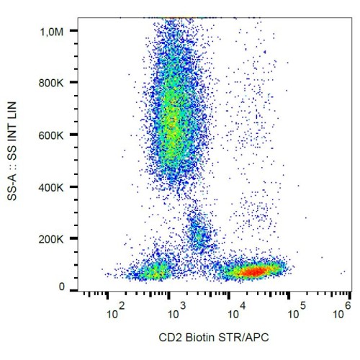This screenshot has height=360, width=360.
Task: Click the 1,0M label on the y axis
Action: click(x=52, y=32)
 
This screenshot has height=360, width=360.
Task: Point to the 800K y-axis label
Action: click(x=51, y=83)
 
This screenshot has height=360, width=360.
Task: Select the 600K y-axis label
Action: click(x=51, y=135)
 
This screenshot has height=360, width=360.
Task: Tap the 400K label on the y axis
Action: click(x=51, y=187)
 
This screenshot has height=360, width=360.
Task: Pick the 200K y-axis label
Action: click(x=51, y=239)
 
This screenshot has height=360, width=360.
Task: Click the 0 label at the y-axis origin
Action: click(x=62, y=287)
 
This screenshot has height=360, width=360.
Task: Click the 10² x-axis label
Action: click(x=116, y=311)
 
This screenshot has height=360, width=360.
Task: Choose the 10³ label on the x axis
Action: click(x=177, y=311)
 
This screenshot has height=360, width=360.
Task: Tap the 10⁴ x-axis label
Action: click(x=237, y=311)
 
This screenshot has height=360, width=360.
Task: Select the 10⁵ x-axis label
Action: click(x=297, y=311)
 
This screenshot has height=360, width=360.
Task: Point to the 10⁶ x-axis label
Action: click(x=342, y=311)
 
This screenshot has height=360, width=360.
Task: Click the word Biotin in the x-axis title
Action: click(x=200, y=338)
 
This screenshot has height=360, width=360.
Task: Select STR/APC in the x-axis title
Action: click(x=243, y=338)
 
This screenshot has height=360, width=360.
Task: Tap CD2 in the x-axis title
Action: click(x=171, y=338)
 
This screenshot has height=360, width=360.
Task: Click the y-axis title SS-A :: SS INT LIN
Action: click(x=12, y=151)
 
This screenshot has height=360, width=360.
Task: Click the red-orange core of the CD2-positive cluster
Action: click(x=254, y=271)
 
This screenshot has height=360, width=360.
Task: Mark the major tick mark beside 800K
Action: click(x=73, y=82)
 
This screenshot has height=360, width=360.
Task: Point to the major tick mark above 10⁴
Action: click(x=228, y=295)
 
